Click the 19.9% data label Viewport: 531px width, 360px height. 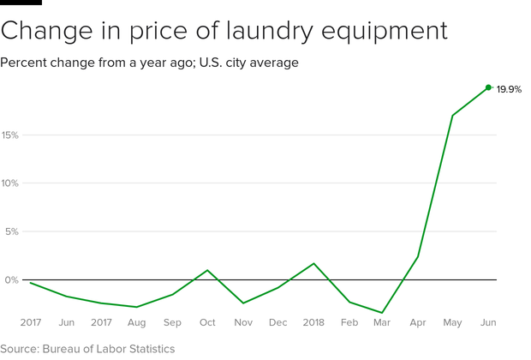click(509, 89)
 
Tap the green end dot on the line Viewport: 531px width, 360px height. click(488, 87)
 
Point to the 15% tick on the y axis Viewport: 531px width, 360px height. click(10, 135)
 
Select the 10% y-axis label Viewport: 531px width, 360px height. click(10, 183)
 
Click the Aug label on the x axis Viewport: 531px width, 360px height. click(136, 323)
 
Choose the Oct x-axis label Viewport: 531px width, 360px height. click(207, 323)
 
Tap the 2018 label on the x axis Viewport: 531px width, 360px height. click(313, 323)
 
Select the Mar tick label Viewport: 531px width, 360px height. click(382, 323)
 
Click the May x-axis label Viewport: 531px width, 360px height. click(452, 323)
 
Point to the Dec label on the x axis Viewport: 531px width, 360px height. click(277, 323)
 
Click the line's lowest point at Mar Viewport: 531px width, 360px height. click(382, 313)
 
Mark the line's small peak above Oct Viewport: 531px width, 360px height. click(207, 270)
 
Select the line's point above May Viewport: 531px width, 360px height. click(452, 115)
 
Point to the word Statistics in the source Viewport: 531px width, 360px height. click(147, 349)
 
